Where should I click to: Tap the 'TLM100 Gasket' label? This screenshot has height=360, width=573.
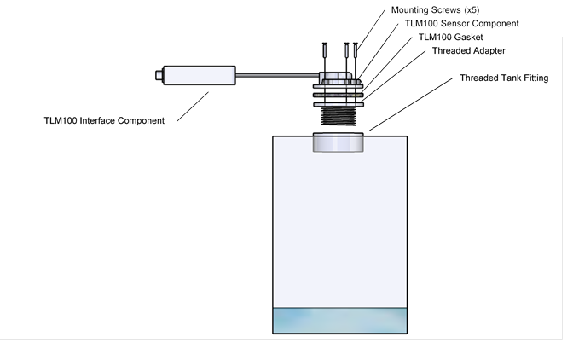(x=451, y=37)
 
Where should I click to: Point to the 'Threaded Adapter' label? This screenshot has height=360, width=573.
(x=468, y=50)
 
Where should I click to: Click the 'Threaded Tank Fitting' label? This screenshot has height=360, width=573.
(x=504, y=78)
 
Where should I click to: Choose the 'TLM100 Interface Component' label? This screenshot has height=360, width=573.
(x=104, y=120)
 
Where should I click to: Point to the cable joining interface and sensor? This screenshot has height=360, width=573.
(x=273, y=77)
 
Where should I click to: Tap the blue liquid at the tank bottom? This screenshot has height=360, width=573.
(x=339, y=321)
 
